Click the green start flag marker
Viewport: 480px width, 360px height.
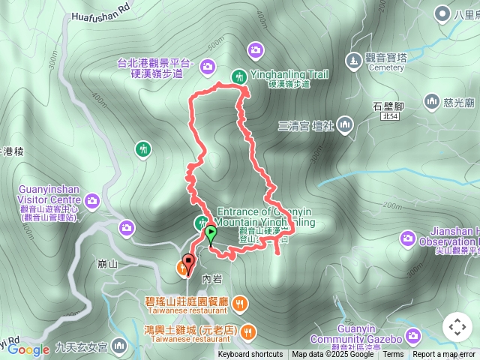(211, 233)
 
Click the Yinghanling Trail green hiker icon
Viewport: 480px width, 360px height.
(238, 76)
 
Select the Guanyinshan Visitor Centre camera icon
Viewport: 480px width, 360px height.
(92, 200)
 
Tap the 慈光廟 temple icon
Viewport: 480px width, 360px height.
(431, 100)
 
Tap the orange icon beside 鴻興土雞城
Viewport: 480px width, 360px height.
(248, 331)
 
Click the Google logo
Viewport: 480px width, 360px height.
(28, 349)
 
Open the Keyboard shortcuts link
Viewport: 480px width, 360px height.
(250, 355)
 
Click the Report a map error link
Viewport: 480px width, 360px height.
(444, 355)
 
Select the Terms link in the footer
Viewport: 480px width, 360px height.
(393, 355)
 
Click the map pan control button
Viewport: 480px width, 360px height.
(457, 327)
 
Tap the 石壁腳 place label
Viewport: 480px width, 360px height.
(388, 106)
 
